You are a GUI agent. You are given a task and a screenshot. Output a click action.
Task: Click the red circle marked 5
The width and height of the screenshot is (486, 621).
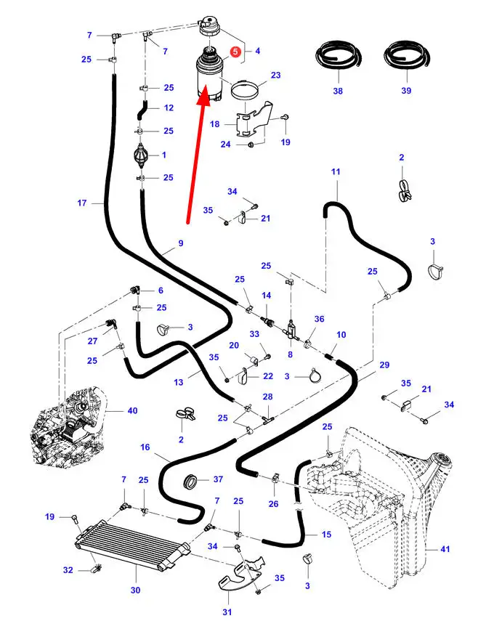(235, 52)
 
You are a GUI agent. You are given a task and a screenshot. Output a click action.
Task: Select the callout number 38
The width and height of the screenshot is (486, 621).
(338, 91)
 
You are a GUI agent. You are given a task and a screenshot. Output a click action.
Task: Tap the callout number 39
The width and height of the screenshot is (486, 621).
(406, 91)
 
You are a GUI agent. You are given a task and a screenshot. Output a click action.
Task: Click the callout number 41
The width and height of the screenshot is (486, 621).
(446, 549)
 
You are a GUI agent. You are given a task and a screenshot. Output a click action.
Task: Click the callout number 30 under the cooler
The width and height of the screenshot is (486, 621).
(135, 590)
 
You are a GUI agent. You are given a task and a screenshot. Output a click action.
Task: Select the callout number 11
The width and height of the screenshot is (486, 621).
(336, 171)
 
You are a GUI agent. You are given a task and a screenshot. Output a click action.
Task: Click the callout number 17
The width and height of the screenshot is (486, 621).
(82, 203)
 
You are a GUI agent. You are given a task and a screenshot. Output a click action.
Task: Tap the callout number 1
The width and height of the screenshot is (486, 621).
(164, 155)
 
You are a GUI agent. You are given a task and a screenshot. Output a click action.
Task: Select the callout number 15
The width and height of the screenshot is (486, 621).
(326, 535)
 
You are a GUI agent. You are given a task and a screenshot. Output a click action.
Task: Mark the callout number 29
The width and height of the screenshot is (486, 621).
(384, 364)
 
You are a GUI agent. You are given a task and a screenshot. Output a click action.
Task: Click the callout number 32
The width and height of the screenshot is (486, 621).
(68, 570)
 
